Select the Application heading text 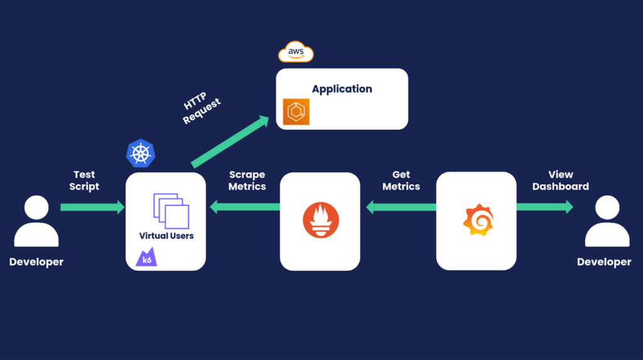coord(342,89)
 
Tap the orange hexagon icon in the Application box coord(296,112)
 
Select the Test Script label coord(84,180)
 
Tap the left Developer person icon coord(36,221)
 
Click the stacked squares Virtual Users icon coord(171,210)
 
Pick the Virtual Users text coord(166,236)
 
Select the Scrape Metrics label coord(247,180)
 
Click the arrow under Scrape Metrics coord(244,207)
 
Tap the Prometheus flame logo coord(320,221)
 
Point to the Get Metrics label coord(401,180)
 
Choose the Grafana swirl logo coord(477,220)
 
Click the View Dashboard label coord(560,180)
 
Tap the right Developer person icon coord(607,221)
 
